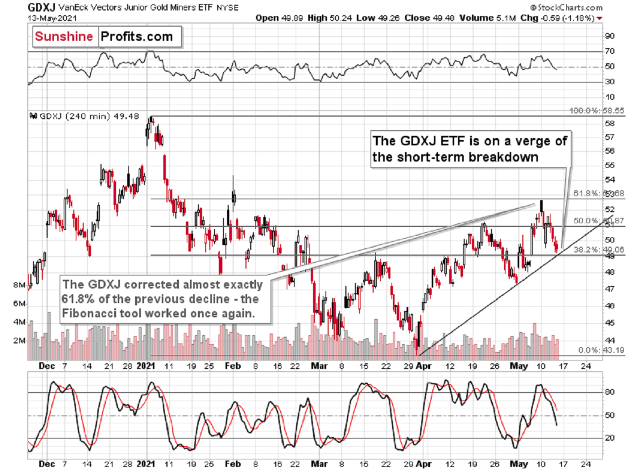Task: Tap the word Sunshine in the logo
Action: [64, 37]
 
